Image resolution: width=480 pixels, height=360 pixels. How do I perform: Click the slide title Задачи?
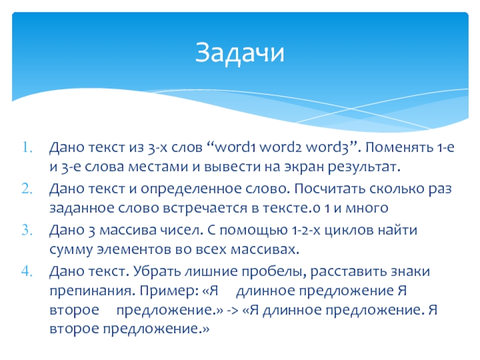click(x=239, y=53)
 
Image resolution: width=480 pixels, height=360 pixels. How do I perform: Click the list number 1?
click(x=27, y=148)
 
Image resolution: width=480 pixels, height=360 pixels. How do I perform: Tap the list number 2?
click(x=27, y=189)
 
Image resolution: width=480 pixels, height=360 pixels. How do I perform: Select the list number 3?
click(x=27, y=230)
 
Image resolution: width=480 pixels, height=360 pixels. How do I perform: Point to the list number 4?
click(x=27, y=272)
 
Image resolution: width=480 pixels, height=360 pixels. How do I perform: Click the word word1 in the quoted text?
click(x=235, y=147)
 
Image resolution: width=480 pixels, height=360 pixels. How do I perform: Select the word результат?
click(x=364, y=168)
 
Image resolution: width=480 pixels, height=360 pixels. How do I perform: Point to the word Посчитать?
click(x=329, y=189)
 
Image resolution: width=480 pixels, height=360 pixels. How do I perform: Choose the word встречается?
click(x=205, y=209)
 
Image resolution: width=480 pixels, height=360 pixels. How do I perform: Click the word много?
click(x=367, y=209)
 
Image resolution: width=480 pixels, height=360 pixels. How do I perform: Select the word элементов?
click(x=134, y=250)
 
